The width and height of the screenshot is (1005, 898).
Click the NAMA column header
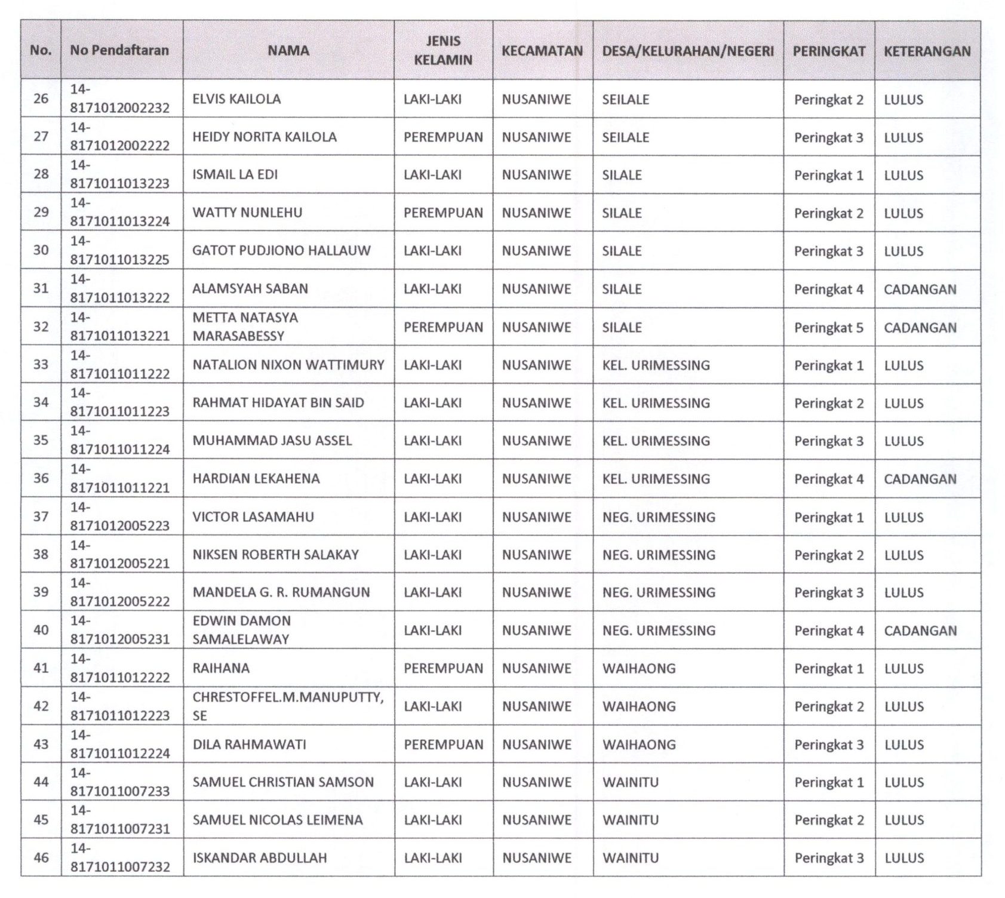[288, 51]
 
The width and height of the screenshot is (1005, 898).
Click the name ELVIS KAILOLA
[236, 99]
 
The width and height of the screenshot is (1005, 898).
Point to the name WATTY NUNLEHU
[247, 213]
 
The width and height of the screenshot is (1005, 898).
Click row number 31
[41, 288]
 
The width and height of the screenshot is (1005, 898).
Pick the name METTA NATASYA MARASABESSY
[245, 327]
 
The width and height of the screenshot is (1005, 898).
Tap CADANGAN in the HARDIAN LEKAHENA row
[920, 479]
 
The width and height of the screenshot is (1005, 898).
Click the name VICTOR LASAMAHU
[253, 517]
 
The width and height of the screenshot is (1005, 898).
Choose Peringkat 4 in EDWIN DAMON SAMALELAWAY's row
[828, 631]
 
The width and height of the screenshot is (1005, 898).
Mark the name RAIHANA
[221, 669]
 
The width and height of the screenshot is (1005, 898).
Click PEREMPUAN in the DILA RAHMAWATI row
[443, 745]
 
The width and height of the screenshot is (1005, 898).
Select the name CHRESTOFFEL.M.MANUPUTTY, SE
[288, 706]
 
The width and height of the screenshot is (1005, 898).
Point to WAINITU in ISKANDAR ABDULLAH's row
[630, 858]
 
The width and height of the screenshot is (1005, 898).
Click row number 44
[41, 782]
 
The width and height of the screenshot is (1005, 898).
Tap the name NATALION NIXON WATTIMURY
[288, 365]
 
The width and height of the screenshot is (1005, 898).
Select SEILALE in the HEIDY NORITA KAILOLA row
[625, 137]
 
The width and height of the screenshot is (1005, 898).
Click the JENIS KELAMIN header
[442, 51]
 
